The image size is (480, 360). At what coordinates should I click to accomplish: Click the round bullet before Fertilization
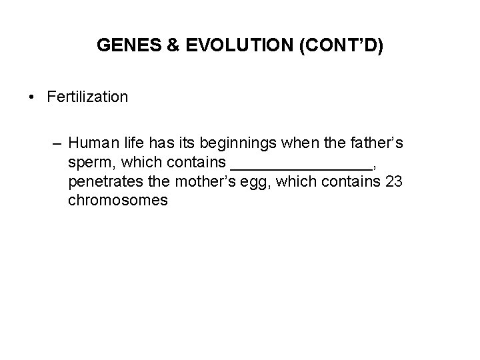tap(32, 97)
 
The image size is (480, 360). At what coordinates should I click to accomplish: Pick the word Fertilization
tap(87, 97)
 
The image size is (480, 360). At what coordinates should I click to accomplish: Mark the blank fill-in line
tap(300, 167)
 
